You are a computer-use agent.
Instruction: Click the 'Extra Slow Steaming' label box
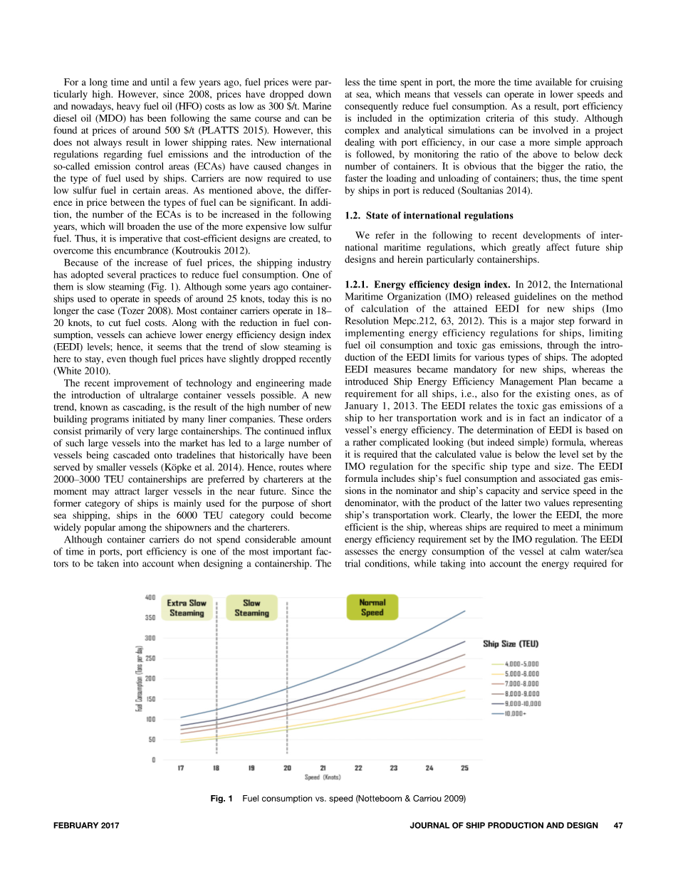coord(187,608)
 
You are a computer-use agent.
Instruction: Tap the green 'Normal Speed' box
coord(372,607)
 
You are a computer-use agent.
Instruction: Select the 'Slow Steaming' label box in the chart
coord(251,608)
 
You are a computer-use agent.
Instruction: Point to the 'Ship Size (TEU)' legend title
coord(511,644)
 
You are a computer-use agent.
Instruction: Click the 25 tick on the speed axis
coord(464,768)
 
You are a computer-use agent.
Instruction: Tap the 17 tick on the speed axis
coord(181,768)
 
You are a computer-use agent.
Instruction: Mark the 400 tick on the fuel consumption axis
coord(150,597)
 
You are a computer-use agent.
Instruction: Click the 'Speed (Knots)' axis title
coord(322,777)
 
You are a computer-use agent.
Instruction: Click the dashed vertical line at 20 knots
coord(287,683)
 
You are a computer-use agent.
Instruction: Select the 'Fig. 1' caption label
coord(222,799)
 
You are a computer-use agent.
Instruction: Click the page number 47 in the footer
coord(618,825)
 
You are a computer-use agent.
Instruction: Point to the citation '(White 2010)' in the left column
coord(81,370)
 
